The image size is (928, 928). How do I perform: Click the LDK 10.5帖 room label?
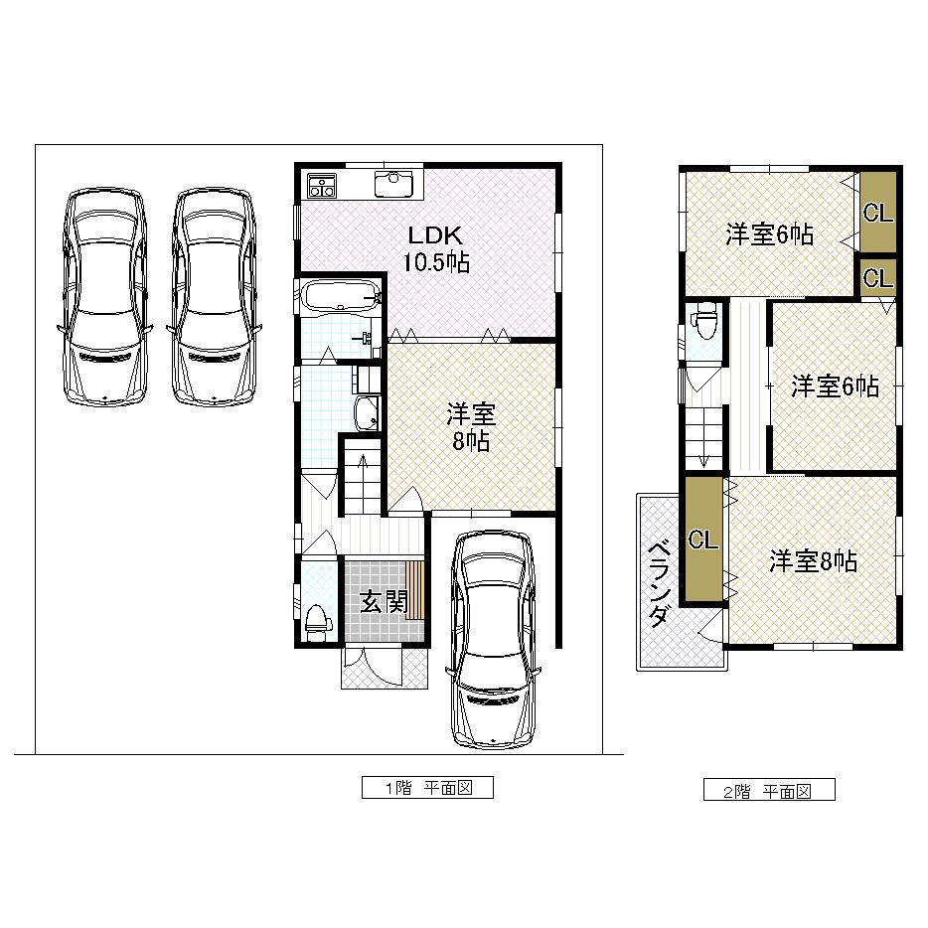(x=435, y=249)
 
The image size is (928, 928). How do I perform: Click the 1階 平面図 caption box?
(x=427, y=788)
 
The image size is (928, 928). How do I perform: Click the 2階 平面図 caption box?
(x=770, y=791)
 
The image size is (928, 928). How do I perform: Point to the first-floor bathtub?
(x=340, y=296)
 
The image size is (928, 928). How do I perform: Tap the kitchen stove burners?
(x=322, y=185)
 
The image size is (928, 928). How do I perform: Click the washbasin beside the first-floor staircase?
(x=366, y=413)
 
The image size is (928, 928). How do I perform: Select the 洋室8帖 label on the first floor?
(x=468, y=427)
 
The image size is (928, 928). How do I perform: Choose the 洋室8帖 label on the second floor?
(x=813, y=561)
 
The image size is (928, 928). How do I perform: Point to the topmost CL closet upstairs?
(x=877, y=213)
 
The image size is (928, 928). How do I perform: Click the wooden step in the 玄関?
(x=415, y=591)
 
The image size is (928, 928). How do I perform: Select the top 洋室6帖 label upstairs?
(x=769, y=234)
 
